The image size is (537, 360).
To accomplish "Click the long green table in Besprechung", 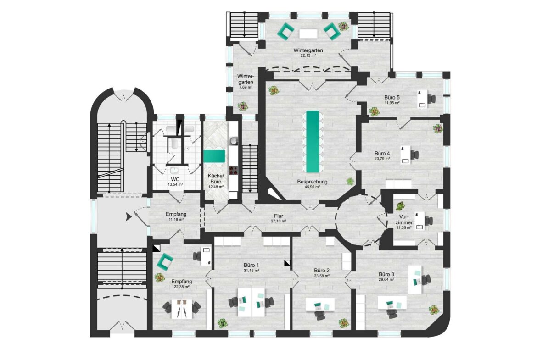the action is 313,141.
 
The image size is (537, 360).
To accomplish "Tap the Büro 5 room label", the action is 392,97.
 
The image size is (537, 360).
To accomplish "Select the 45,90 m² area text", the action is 313,187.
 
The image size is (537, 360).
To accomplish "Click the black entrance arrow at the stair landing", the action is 129,216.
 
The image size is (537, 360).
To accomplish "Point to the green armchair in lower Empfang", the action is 165,261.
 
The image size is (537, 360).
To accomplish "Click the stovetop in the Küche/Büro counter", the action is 233,170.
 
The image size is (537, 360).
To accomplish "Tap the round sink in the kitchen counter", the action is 233,141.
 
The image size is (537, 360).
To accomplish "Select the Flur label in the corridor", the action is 279,216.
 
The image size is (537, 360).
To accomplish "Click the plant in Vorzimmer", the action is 400,206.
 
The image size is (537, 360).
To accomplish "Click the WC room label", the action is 175,179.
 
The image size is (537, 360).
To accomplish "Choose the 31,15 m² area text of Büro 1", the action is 252,270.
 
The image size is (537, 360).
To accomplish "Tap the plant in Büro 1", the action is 222,322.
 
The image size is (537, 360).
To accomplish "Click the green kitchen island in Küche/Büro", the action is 214,156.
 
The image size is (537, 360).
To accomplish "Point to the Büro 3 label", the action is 386,274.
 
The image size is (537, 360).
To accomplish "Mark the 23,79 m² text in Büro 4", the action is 382,159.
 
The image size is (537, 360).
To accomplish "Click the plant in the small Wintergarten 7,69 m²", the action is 243,106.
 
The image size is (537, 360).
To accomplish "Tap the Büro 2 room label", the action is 322,270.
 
